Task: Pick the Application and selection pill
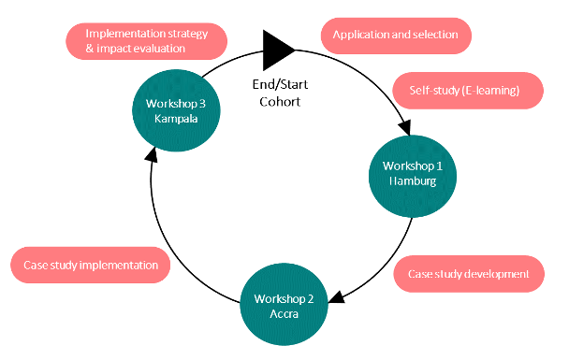396,36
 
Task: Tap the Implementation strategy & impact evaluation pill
147,40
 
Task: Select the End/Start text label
280,86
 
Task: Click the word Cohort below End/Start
280,101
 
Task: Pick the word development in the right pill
496,274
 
